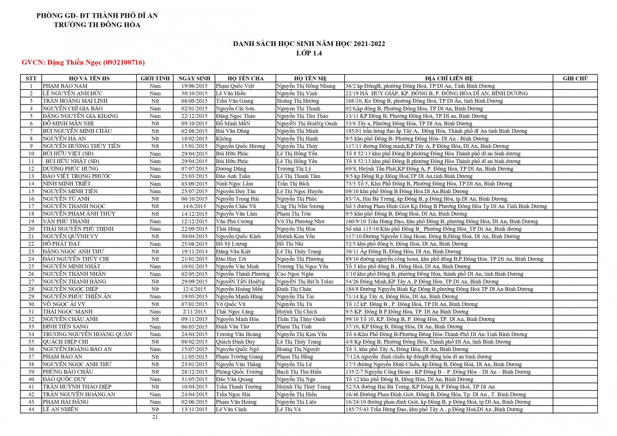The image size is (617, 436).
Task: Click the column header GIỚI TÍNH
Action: [x=155, y=78]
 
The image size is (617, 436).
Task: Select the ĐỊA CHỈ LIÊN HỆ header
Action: [x=449, y=78]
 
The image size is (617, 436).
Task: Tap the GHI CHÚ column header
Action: [x=575, y=78]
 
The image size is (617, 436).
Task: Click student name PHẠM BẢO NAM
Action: [x=65, y=86]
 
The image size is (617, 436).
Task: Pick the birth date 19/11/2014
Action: [x=195, y=251]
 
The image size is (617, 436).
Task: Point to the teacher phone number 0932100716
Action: [x=124, y=62]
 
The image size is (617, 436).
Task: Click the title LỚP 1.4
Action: [x=309, y=53]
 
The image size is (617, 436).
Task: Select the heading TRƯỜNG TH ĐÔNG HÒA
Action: [x=97, y=25]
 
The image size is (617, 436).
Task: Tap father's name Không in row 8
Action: [x=224, y=138]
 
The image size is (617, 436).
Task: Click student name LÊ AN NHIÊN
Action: [x=60, y=409]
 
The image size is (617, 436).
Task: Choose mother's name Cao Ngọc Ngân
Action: [x=295, y=274]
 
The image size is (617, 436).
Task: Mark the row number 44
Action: [x=31, y=409]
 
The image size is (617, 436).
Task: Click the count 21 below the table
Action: [x=155, y=417]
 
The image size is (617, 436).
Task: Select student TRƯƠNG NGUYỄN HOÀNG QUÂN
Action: [x=87, y=334]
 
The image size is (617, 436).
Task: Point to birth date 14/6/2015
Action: [x=195, y=206]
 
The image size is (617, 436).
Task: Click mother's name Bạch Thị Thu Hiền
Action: [x=299, y=372]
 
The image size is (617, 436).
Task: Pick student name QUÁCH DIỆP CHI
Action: [x=65, y=341]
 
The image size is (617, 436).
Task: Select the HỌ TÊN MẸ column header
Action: [x=310, y=78]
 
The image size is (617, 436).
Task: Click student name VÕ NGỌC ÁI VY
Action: [x=64, y=304]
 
